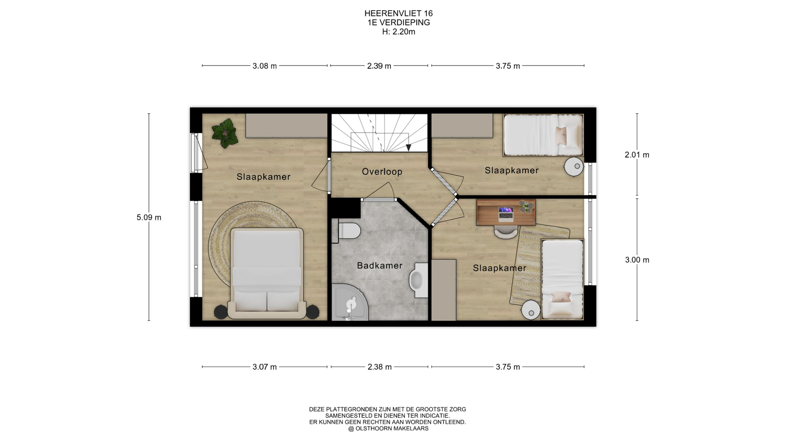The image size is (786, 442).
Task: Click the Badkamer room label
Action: (x=379, y=266)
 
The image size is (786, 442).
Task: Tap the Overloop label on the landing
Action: (x=382, y=172)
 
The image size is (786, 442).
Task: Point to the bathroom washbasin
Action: (x=418, y=280)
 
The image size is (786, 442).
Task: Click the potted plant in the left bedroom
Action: (x=225, y=133)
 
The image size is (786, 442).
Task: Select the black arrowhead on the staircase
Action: (x=408, y=148)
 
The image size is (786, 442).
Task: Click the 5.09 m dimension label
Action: (x=149, y=218)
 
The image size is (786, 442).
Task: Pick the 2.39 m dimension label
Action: (x=379, y=66)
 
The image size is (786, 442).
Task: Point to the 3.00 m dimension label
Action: (x=637, y=260)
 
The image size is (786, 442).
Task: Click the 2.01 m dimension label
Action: (x=637, y=155)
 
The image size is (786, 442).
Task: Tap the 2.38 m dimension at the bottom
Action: (x=379, y=367)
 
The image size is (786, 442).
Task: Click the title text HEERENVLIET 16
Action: (x=398, y=14)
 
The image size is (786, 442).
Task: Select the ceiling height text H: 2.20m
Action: (x=398, y=32)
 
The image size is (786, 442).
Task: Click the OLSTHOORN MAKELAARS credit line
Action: (x=388, y=428)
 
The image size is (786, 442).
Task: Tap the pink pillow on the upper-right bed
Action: (x=561, y=135)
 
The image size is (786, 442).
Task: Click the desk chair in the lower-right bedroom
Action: (x=506, y=232)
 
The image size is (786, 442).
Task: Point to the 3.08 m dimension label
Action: (x=264, y=66)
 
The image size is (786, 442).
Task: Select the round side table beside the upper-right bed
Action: (x=574, y=166)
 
